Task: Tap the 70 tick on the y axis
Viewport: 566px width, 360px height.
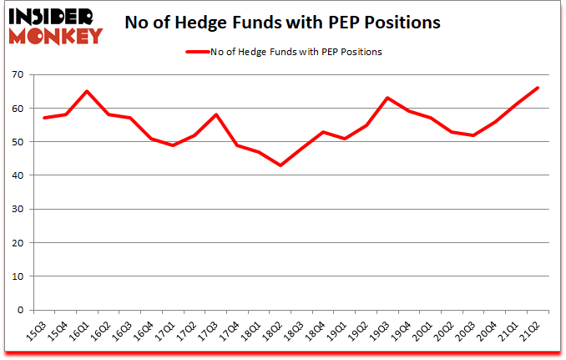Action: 17,75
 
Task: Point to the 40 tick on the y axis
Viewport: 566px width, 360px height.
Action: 17,175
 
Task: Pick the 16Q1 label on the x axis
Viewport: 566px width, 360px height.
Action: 81,329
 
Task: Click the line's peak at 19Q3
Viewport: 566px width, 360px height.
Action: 387,98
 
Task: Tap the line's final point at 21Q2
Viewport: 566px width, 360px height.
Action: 538,88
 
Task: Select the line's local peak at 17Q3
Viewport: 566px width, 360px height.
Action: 215,114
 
